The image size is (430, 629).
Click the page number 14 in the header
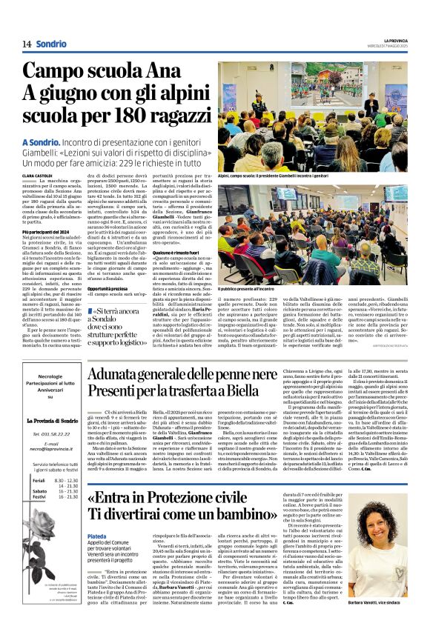27,44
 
